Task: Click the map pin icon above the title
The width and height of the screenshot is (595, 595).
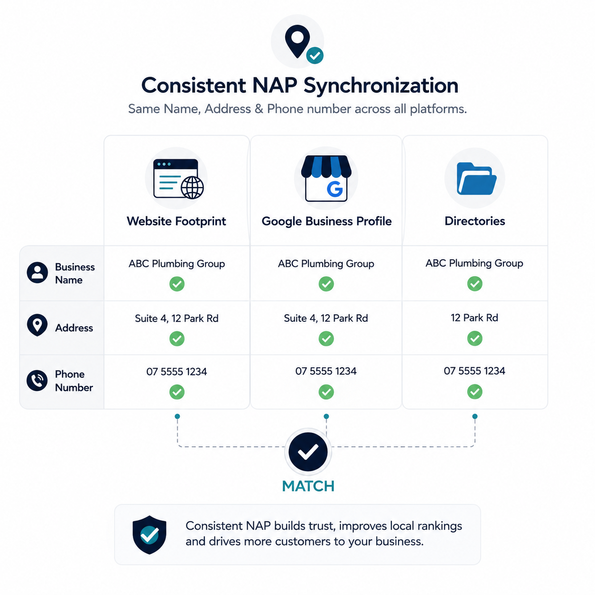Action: pyautogui.click(x=297, y=41)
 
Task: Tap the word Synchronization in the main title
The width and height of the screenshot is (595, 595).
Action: pyautogui.click(x=381, y=85)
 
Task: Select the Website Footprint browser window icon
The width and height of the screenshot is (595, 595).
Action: pyautogui.click(x=178, y=179)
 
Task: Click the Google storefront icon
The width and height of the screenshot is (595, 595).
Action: pyautogui.click(x=326, y=178)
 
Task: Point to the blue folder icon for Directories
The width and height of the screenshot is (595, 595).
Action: pyautogui.click(x=476, y=178)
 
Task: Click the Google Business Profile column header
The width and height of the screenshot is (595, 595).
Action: pyautogui.click(x=326, y=222)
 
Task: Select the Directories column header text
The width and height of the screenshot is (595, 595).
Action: pyautogui.click(x=474, y=221)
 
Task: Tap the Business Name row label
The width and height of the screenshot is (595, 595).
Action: pyautogui.click(x=74, y=273)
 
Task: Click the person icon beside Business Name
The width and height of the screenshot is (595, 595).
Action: pyautogui.click(x=37, y=273)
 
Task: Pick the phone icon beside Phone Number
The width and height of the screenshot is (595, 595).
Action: pyautogui.click(x=37, y=381)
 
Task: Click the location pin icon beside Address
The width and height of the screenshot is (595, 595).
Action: pyautogui.click(x=37, y=325)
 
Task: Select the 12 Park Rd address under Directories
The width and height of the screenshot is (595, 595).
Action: pyautogui.click(x=474, y=318)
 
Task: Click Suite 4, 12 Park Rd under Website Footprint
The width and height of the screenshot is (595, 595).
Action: pyautogui.click(x=177, y=318)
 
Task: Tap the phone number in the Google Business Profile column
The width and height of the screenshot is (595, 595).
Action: pyautogui.click(x=326, y=371)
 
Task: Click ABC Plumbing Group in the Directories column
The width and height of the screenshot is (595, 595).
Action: pyautogui.click(x=474, y=263)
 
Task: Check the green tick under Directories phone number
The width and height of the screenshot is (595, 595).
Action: pyautogui.click(x=474, y=391)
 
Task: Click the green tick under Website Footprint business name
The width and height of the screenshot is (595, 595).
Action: pyautogui.click(x=177, y=284)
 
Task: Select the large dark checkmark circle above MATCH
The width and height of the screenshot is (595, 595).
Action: pyautogui.click(x=308, y=452)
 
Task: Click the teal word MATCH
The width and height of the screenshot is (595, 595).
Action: pyautogui.click(x=308, y=486)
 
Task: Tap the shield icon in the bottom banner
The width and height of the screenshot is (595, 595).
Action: pyautogui.click(x=149, y=535)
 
